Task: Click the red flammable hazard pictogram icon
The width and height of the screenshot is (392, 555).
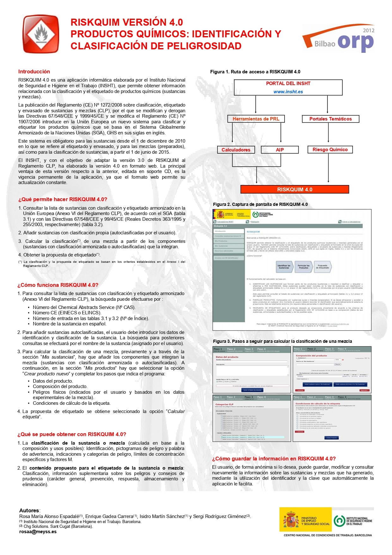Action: pos(41,34)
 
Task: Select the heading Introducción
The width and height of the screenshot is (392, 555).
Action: pos(34,71)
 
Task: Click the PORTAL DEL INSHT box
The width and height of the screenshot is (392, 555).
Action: pos(288,84)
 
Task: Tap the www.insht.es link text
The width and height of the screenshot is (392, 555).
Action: pos(288,92)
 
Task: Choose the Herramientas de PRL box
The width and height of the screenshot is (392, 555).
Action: pos(256,119)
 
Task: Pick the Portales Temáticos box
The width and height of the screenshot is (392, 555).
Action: pos(330,119)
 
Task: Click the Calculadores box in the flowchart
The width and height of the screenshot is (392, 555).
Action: pos(236,150)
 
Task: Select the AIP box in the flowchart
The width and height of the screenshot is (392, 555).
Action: pos(280,150)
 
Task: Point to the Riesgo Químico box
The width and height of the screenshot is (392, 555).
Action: pos(330,150)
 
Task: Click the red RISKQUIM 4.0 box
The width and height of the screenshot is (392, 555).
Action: pos(295,189)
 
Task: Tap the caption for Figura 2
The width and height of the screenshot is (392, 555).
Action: pos(260,204)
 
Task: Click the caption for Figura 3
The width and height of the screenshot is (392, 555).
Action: pos(282,341)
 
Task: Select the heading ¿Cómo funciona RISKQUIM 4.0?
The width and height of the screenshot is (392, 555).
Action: pos(58,285)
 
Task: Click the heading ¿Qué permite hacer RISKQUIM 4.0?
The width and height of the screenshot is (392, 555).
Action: pos(63,199)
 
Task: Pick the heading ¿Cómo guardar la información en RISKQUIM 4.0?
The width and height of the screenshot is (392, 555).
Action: pos(274,459)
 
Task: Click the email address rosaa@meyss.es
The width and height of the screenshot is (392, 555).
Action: pos(38,532)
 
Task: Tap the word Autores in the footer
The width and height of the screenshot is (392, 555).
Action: pos(29,510)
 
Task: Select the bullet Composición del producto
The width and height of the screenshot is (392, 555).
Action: pos(60,386)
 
